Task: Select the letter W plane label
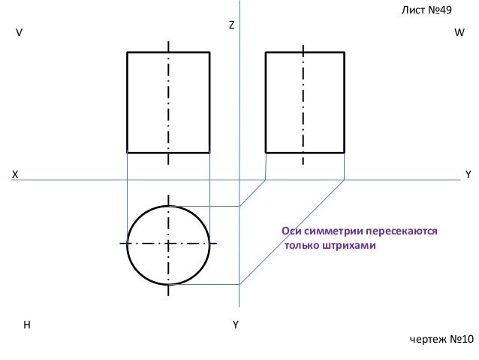[x=459, y=34]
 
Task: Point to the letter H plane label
[x=26, y=325]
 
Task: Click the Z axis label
[x=231, y=26]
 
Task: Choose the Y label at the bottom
[x=236, y=325]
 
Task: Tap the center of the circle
[x=169, y=244]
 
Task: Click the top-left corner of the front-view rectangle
[x=128, y=52]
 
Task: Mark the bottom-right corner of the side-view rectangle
[x=344, y=152]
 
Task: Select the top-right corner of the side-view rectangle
[x=344, y=52]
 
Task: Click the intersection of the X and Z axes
[x=239, y=180]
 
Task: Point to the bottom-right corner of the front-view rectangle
[x=209, y=152]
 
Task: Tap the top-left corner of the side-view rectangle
[x=267, y=52]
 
